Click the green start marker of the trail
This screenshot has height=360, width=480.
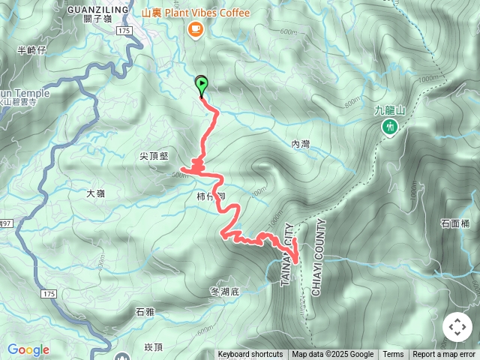(201, 82)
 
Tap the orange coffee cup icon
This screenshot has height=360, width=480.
(195, 29)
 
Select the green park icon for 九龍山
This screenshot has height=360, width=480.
(390, 127)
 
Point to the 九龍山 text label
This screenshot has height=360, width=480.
(389, 111)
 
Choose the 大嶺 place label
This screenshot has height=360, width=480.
(95, 193)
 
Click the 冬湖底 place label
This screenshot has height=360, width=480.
(224, 289)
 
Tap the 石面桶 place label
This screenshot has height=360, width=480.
(455, 223)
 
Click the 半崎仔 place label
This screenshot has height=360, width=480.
(31, 50)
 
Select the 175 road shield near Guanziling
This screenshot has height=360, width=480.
(124, 30)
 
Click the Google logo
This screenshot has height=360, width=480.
(28, 349)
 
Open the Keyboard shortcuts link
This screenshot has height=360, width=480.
(250, 355)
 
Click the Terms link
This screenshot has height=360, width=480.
(393, 355)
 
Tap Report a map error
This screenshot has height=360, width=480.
(444, 355)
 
